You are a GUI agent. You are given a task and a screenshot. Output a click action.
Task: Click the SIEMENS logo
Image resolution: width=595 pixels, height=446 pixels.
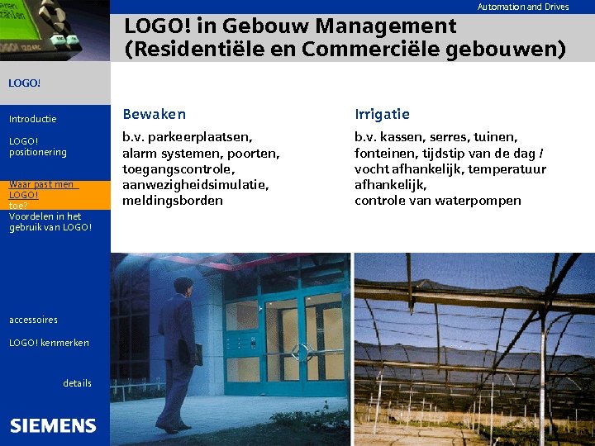point(53,426)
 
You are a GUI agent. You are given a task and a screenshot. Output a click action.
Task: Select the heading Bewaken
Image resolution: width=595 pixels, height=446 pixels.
point(154,114)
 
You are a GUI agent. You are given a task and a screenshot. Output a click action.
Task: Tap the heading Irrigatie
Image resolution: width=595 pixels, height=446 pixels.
point(382,114)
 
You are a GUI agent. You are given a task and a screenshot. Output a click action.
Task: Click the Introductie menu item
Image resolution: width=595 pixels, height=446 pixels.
point(33,119)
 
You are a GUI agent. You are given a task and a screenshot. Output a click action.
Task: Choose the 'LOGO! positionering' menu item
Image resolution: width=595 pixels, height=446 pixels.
point(37,146)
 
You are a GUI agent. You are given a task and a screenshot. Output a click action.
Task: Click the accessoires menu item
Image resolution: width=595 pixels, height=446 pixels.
point(33,320)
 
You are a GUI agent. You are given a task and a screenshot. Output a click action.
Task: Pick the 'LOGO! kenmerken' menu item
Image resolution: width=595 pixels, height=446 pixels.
point(49,343)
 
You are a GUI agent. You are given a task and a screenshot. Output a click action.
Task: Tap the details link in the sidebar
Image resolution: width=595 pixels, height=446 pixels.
point(77,383)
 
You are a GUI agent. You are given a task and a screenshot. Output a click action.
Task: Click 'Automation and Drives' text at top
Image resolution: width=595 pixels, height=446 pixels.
point(523,7)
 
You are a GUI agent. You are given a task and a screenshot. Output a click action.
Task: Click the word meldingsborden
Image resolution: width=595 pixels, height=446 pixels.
point(173,200)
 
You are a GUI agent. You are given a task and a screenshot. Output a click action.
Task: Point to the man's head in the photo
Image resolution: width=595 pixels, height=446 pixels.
point(183,286)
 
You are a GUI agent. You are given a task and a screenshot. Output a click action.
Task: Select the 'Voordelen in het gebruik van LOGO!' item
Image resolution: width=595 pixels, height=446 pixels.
point(50,221)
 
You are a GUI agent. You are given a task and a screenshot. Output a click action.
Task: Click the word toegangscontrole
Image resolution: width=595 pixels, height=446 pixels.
point(173,168)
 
